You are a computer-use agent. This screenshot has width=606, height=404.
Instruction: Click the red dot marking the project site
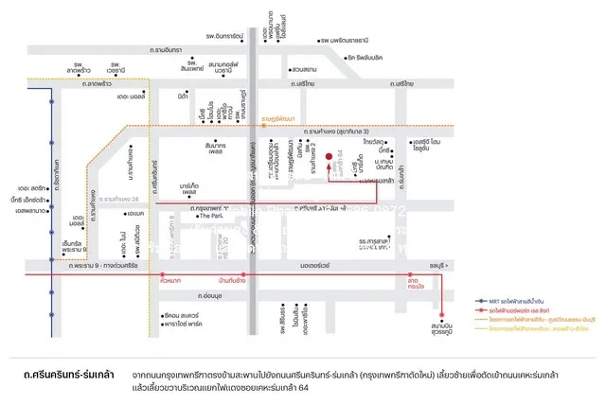(329, 157)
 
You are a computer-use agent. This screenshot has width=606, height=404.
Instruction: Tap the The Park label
(209, 216)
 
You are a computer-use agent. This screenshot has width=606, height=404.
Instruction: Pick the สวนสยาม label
(304, 69)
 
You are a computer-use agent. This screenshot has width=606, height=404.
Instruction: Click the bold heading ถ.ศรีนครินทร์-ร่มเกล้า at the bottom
(69, 376)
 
